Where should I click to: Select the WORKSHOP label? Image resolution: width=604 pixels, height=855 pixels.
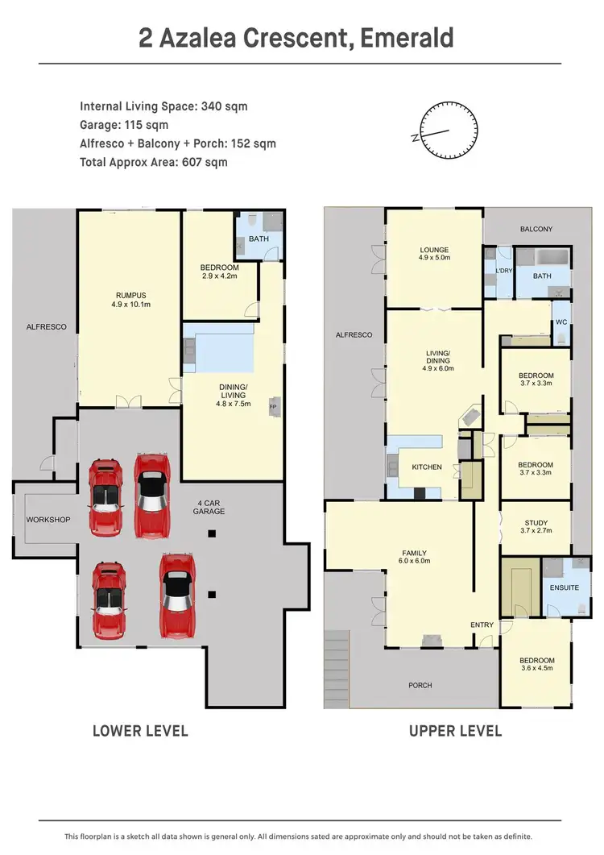(48, 520)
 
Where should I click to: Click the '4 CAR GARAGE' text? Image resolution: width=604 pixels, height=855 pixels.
(209, 507)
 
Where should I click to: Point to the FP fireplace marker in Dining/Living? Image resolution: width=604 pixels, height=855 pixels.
(273, 407)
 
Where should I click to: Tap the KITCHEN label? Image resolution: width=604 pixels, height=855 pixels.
(427, 467)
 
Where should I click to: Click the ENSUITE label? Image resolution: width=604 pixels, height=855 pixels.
(564, 587)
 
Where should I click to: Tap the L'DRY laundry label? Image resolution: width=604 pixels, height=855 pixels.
(504, 271)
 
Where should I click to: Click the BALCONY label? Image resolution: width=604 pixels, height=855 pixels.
(536, 230)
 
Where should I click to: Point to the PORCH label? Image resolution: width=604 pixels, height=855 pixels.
(420, 685)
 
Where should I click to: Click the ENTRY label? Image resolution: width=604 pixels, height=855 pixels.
(482, 625)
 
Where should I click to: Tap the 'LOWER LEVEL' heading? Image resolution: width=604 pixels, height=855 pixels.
(140, 731)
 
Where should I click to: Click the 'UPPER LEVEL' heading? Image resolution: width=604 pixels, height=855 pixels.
(455, 731)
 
